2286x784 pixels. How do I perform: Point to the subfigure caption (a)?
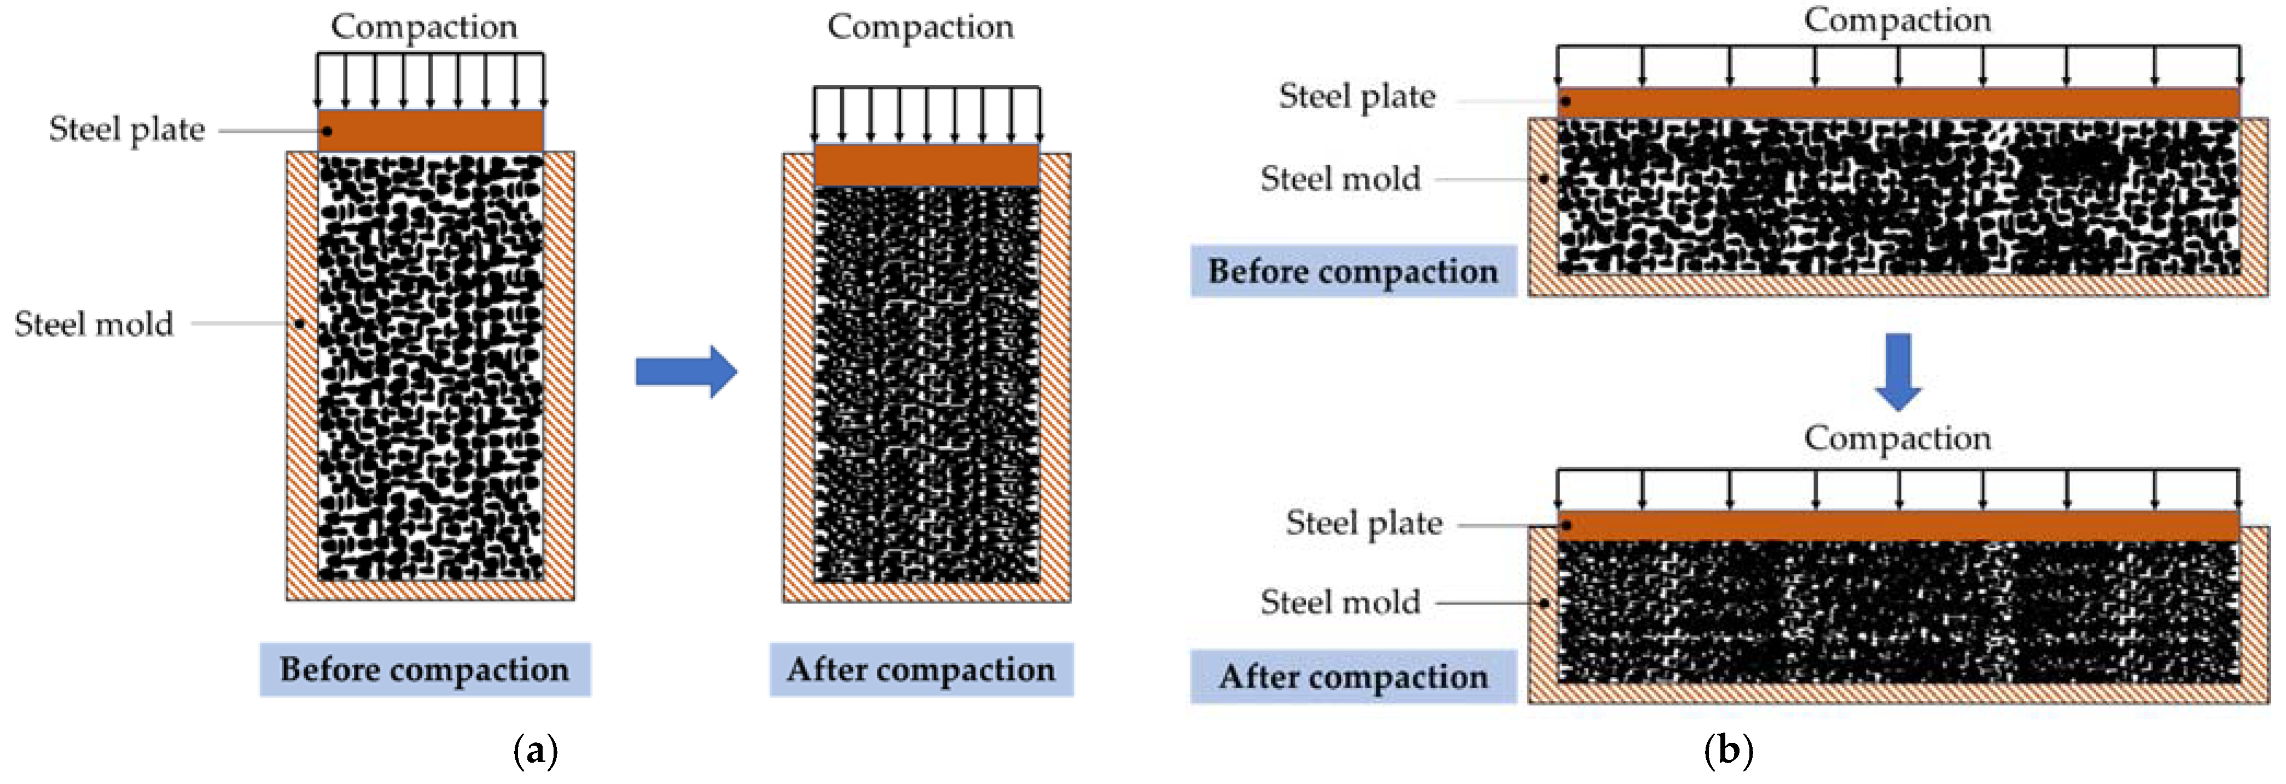pos(535,751)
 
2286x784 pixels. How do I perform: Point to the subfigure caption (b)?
pos(1728,751)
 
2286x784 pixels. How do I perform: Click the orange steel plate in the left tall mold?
pos(431,131)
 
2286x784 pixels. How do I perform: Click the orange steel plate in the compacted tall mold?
pos(927,165)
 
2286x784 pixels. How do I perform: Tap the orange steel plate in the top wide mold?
pos(1897,102)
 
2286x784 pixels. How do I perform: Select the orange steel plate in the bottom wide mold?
pos(1897,526)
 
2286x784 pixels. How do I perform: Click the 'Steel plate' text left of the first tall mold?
pos(127,130)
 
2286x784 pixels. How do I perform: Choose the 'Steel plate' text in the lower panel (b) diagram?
pos(1364,523)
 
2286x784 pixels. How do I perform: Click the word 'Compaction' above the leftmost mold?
pos(424,27)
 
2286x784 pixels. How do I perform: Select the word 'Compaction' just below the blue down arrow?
pos(1897,438)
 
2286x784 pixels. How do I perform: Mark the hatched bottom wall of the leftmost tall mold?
pos(431,590)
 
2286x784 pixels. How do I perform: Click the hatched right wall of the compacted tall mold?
pos(1055,373)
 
